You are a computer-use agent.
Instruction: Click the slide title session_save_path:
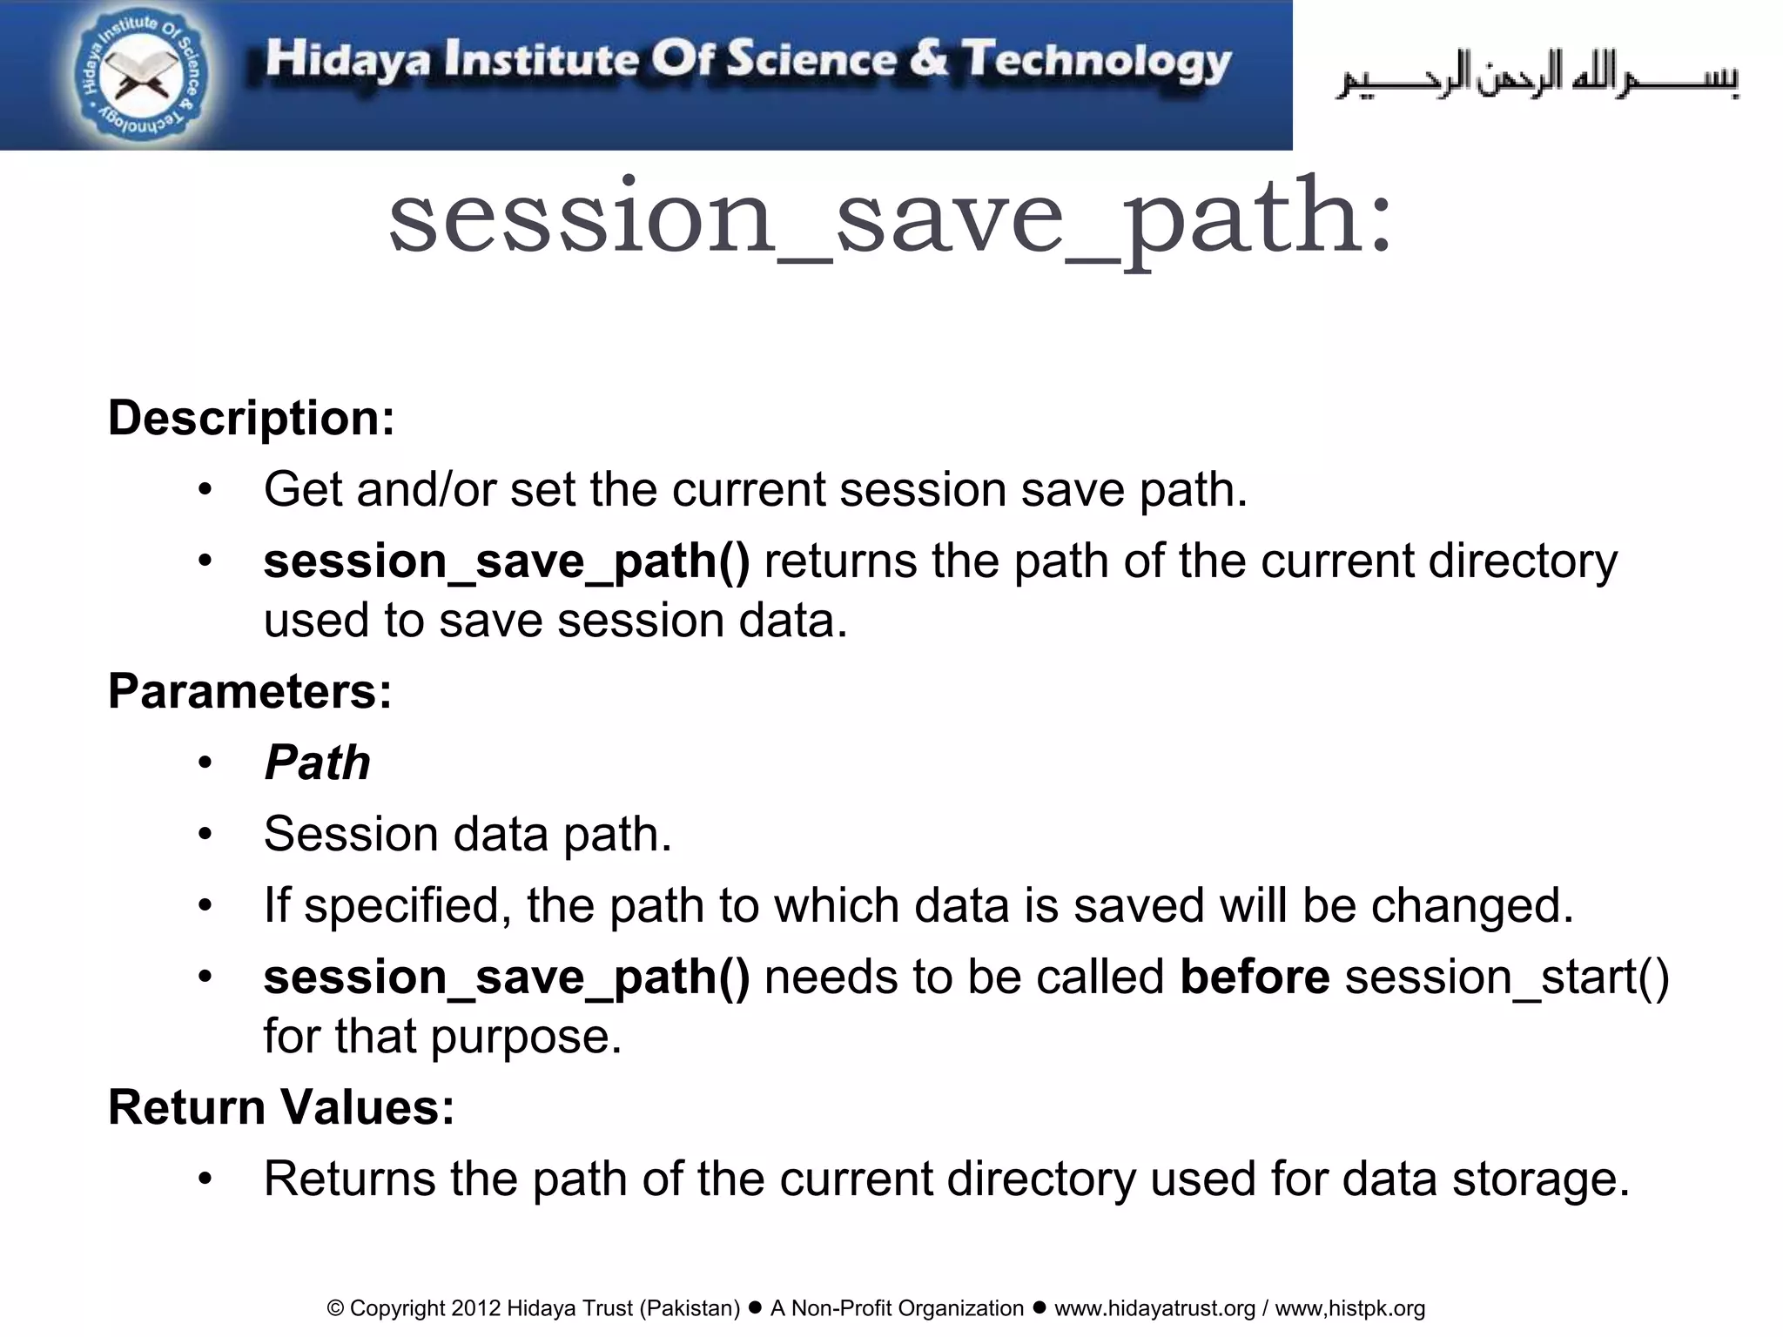[x=890, y=218]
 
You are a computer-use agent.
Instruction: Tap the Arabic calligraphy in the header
[x=1537, y=77]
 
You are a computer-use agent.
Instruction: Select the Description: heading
[x=252, y=418]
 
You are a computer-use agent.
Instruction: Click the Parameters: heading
[x=250, y=691]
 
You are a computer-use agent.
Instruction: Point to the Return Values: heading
[x=281, y=1107]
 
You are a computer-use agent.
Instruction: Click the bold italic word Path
[x=318, y=763]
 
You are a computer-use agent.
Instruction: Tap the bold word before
[x=1255, y=977]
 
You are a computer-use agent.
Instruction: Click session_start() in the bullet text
[x=1507, y=977]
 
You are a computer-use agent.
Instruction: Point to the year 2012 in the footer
[x=475, y=1308]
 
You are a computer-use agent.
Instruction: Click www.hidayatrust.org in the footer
[x=1154, y=1308]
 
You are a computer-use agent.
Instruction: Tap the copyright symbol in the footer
[x=335, y=1308]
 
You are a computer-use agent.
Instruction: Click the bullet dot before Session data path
[x=205, y=834]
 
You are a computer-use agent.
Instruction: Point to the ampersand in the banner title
[x=928, y=59]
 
